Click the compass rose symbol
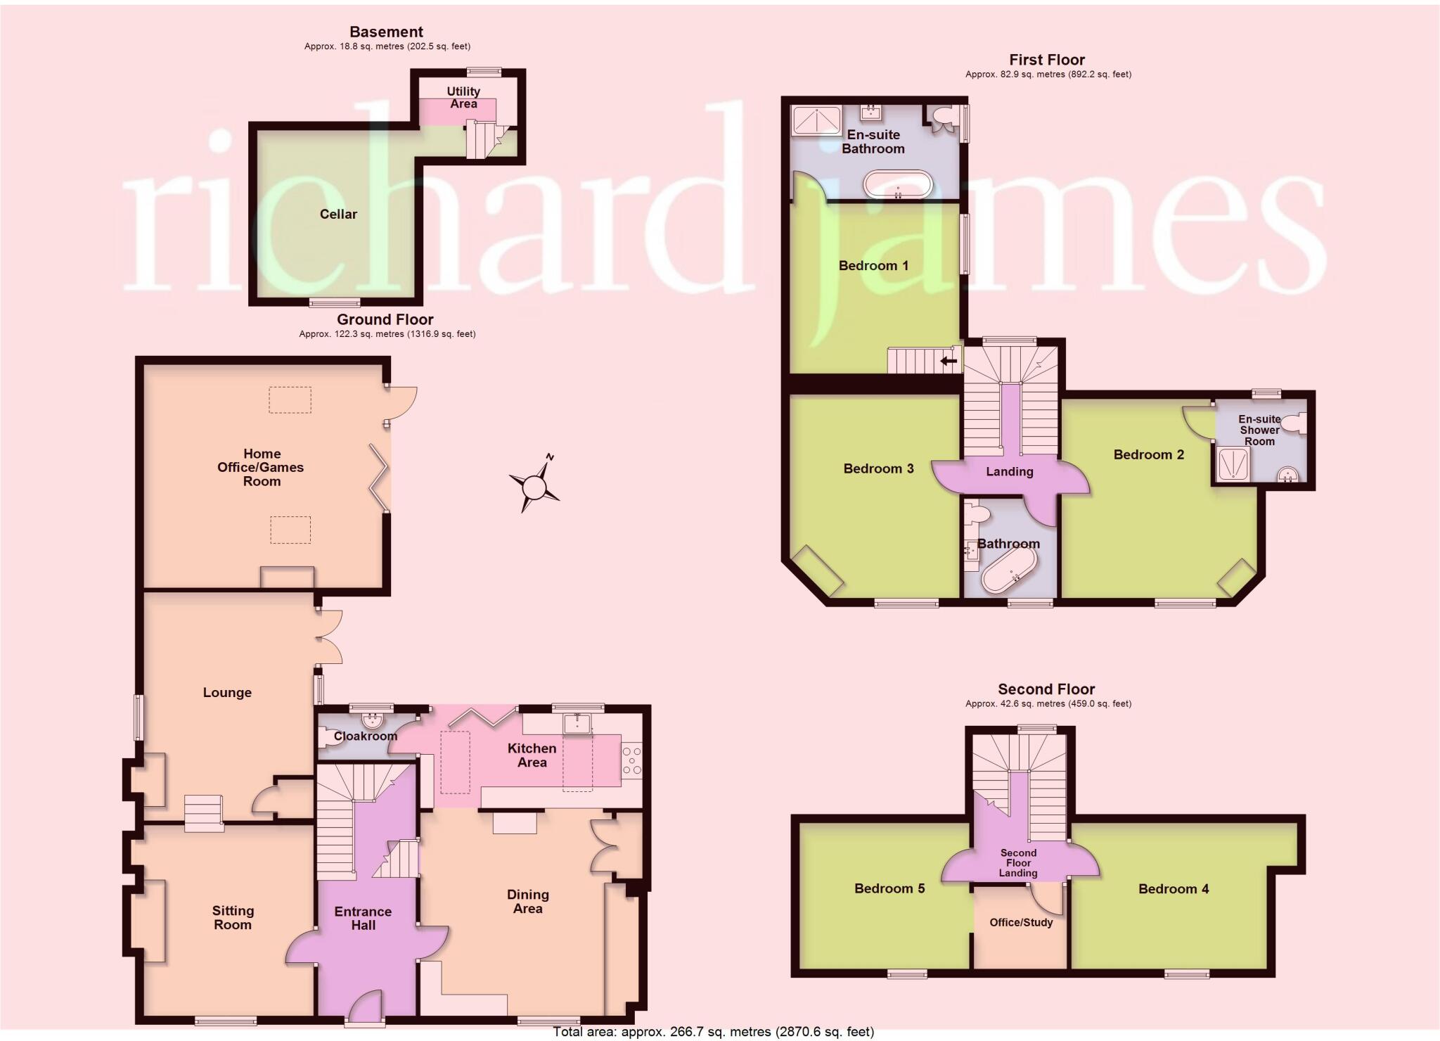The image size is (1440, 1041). pyautogui.click(x=534, y=485)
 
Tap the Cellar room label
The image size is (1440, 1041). pyautogui.click(x=338, y=214)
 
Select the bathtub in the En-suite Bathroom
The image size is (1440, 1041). pyautogui.click(x=898, y=184)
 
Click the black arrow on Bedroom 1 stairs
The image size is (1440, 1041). pyautogui.click(x=949, y=362)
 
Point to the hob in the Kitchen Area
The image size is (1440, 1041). pyautogui.click(x=632, y=761)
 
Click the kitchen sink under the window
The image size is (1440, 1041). pyautogui.click(x=577, y=723)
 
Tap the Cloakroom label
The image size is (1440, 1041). pyautogui.click(x=365, y=736)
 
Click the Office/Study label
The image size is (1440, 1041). pyautogui.click(x=1021, y=922)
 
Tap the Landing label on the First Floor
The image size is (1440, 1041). pyautogui.click(x=1009, y=471)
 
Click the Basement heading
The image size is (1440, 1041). pyautogui.click(x=386, y=32)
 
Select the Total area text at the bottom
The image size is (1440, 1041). pyautogui.click(x=713, y=1032)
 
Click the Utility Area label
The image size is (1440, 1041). pyautogui.click(x=463, y=97)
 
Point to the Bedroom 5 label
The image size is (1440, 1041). pyautogui.click(x=889, y=888)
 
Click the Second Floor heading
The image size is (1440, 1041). pyautogui.click(x=1046, y=689)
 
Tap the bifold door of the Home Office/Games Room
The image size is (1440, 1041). pyautogui.click(x=380, y=478)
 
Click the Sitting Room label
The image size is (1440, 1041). pyautogui.click(x=233, y=917)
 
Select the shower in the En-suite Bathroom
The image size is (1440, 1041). pyautogui.click(x=816, y=120)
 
